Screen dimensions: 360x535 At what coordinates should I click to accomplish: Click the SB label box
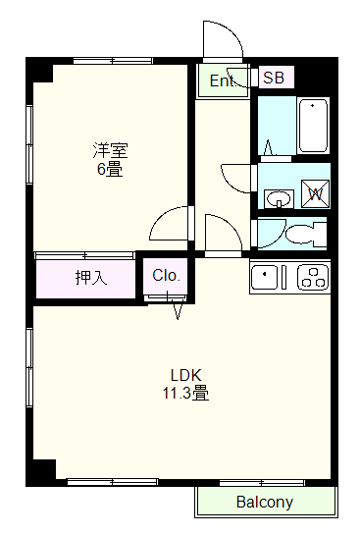tap(277, 78)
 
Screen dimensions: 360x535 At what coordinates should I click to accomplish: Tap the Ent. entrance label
tap(223, 80)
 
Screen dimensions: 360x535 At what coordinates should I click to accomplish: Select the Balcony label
tap(265, 502)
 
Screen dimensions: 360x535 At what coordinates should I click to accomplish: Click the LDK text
tap(186, 375)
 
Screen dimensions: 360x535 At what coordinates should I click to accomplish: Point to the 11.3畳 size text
tap(185, 393)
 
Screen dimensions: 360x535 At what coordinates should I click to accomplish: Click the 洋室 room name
tap(111, 150)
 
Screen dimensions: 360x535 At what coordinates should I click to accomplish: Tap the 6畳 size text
tap(110, 169)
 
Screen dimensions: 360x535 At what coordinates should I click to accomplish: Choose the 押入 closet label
tap(91, 277)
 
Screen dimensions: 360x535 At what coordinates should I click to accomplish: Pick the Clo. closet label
tap(166, 275)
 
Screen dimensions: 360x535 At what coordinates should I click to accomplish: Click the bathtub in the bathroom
tap(313, 126)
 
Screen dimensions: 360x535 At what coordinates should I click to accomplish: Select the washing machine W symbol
tap(315, 193)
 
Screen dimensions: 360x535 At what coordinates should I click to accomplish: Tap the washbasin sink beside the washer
tap(279, 198)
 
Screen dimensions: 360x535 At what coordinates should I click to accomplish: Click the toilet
tap(306, 234)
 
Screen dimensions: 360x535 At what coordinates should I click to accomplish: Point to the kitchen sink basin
tap(265, 277)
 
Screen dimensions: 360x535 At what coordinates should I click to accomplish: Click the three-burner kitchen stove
tap(313, 277)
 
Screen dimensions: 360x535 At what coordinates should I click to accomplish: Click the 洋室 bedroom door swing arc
tap(165, 214)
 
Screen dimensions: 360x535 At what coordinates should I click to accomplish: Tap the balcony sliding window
tap(262, 482)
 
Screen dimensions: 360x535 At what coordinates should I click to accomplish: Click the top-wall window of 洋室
tap(113, 61)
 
